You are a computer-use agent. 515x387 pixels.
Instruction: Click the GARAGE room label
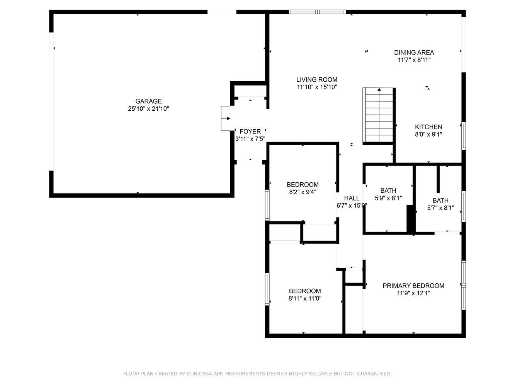click(x=148, y=101)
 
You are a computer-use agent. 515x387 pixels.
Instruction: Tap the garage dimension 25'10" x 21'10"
click(x=148, y=109)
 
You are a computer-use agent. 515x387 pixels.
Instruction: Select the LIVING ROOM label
click(x=317, y=80)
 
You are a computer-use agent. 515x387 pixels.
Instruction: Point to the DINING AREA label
click(x=414, y=52)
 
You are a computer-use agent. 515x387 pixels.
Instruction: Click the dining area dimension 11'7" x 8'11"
click(x=414, y=60)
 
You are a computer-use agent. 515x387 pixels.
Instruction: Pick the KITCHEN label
click(x=428, y=127)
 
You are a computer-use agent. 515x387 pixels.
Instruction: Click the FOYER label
click(x=250, y=131)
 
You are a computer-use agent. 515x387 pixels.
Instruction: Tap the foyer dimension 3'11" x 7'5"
click(x=250, y=139)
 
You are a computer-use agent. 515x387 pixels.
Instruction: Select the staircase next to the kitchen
click(x=378, y=115)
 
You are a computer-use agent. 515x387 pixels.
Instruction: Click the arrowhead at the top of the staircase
click(x=379, y=89)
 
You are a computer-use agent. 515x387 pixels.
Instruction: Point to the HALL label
click(x=352, y=198)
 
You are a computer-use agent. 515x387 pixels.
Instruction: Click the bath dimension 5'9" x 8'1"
click(x=388, y=198)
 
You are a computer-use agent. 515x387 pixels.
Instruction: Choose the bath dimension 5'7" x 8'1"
click(x=440, y=208)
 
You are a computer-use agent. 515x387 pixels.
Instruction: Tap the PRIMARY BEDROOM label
click(x=413, y=286)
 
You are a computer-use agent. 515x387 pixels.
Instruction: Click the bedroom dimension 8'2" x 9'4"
click(x=303, y=192)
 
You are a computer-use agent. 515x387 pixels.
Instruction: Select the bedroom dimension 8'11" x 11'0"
click(x=305, y=299)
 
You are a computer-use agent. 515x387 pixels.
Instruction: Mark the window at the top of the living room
click(x=317, y=12)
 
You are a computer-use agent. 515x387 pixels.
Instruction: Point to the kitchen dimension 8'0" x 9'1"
click(x=428, y=134)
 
